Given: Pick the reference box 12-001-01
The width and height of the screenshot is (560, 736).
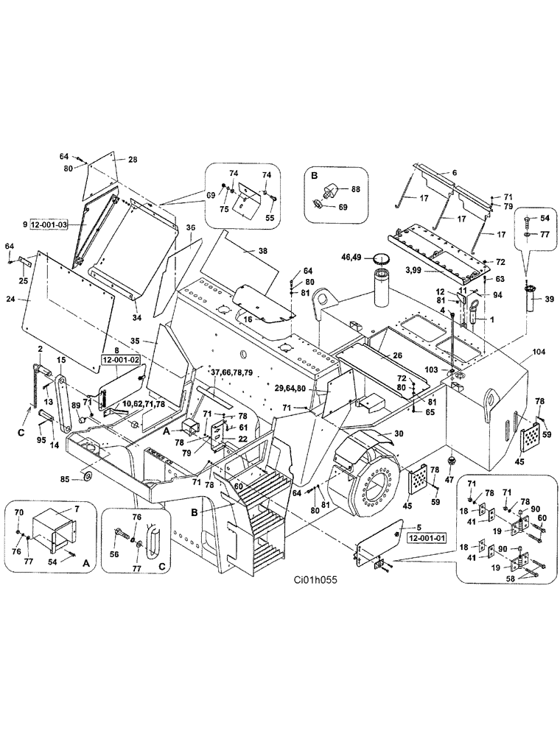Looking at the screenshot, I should click(x=424, y=537).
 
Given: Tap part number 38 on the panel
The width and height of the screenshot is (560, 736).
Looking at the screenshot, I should click(x=262, y=250).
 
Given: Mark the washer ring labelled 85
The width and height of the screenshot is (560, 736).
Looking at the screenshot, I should click(x=88, y=479).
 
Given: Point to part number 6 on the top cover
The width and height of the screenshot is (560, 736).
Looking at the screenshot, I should click(x=454, y=172).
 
